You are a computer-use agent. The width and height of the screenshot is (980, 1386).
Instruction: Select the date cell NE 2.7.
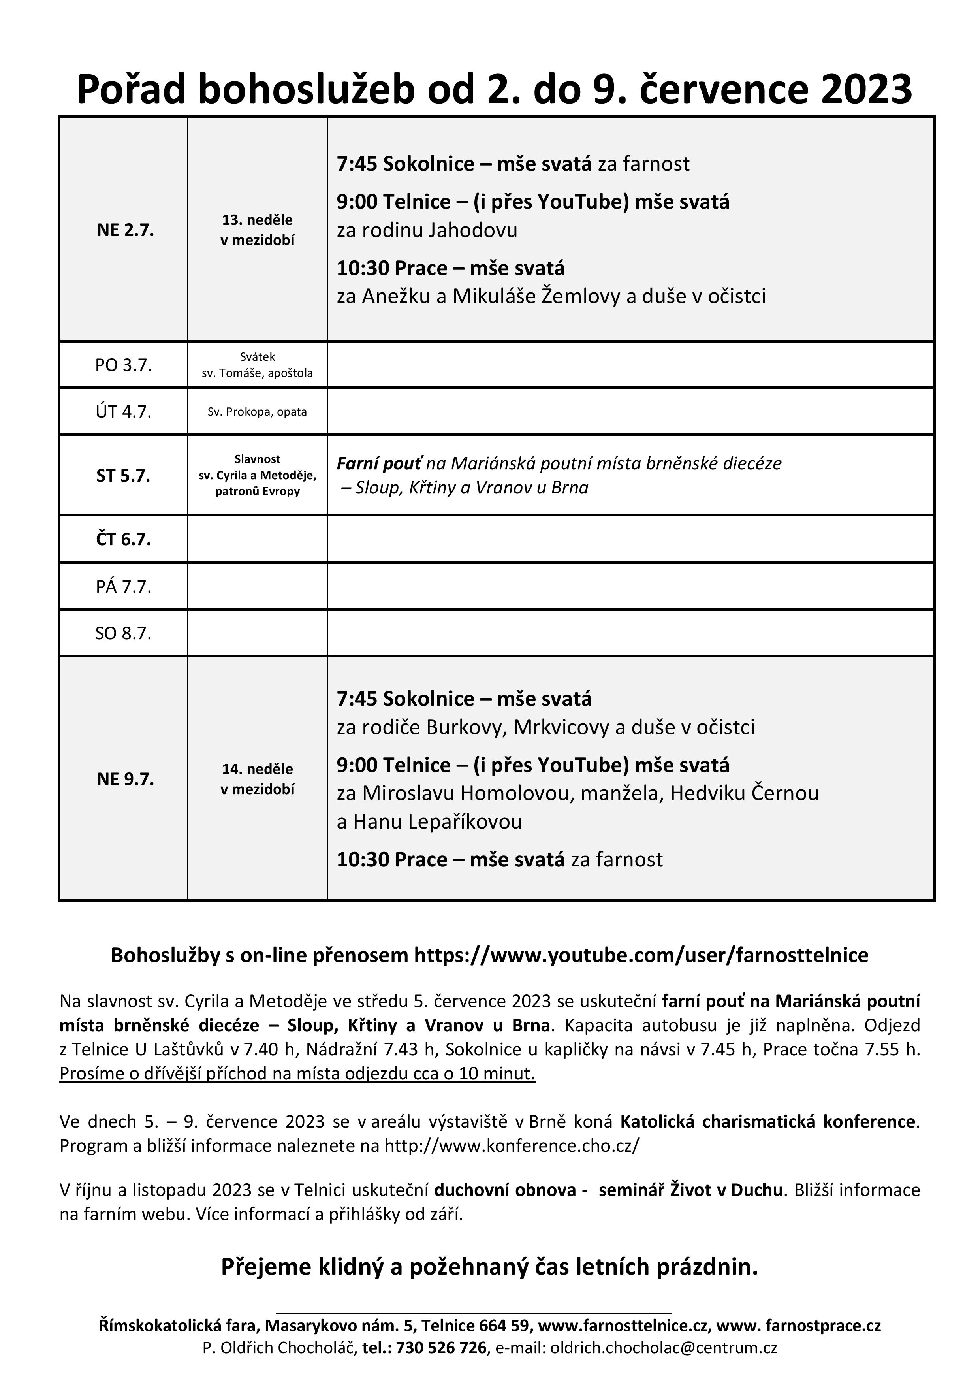pyautogui.click(x=126, y=230)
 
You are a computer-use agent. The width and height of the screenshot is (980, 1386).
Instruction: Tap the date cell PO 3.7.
pyautogui.click(x=124, y=365)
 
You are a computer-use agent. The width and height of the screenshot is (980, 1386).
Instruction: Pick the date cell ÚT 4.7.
pyautogui.click(x=124, y=412)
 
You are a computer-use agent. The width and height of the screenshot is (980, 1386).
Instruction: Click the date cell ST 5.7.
pyautogui.click(x=124, y=476)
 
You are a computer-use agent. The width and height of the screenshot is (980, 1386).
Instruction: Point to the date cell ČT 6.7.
pyautogui.click(x=124, y=539)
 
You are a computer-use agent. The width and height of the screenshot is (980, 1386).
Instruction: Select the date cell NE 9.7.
pyautogui.click(x=126, y=779)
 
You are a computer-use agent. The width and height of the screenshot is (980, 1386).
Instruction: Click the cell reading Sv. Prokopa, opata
pyautogui.click(x=257, y=412)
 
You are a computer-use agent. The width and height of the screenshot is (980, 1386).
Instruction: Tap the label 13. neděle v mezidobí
pyautogui.click(x=257, y=230)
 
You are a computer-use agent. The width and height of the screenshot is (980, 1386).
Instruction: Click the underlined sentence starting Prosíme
pyautogui.click(x=297, y=1073)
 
